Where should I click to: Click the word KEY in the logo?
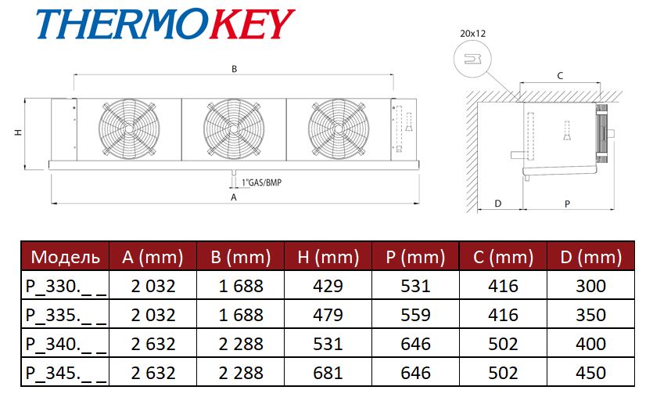pyautogui.click(x=251, y=24)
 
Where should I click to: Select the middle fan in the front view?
pyautogui.click(x=234, y=129)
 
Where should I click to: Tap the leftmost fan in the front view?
pyautogui.click(x=129, y=129)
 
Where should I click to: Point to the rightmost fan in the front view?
pyautogui.click(x=339, y=129)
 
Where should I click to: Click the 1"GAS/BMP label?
pyautogui.click(x=261, y=182)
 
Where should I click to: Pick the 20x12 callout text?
pyautogui.click(x=472, y=34)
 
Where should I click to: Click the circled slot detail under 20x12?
pyautogui.click(x=472, y=60)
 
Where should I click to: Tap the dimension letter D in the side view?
pyautogui.click(x=497, y=204)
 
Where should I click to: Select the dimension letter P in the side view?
pyautogui.click(x=567, y=204)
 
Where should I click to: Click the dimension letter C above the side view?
pyautogui.click(x=560, y=76)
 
